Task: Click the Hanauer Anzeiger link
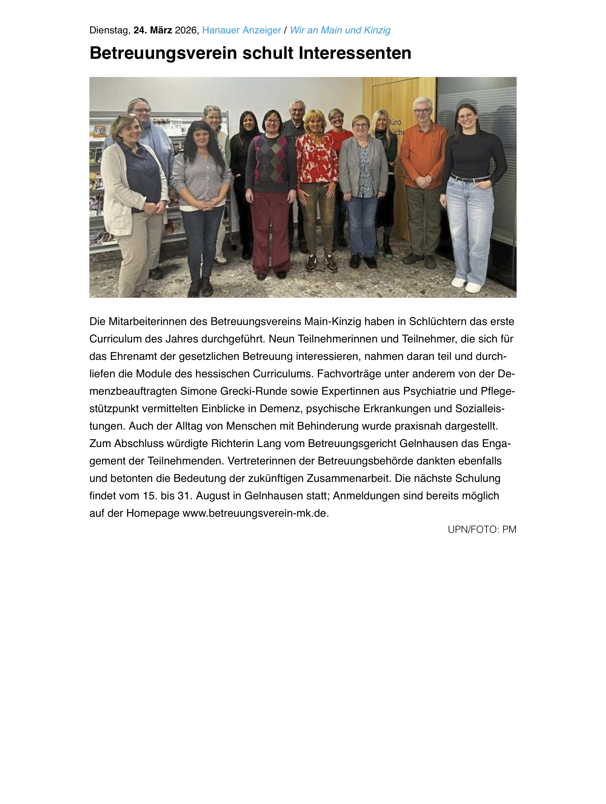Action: coord(241,30)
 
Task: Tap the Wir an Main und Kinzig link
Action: coord(340,30)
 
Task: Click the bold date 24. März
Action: coord(153,30)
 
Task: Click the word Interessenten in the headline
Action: coord(355,53)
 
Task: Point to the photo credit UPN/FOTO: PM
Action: coord(482,529)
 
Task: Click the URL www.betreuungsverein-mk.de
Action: coord(255,513)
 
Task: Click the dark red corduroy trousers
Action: coord(271,233)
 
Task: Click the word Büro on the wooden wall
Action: coord(395,122)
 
